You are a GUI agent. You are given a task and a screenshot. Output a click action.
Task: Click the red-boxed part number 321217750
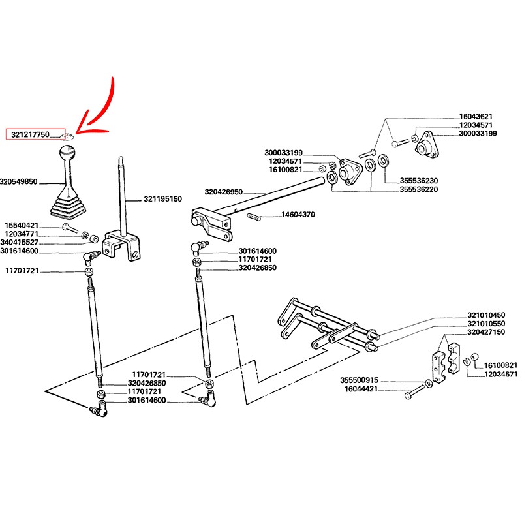30,134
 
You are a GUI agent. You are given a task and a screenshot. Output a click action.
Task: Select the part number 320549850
19,182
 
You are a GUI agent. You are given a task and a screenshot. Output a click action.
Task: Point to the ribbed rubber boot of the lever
69,206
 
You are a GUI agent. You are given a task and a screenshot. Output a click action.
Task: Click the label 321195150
162,199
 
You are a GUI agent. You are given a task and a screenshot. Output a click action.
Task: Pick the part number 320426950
223,192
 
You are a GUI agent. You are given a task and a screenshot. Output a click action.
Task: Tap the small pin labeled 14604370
254,217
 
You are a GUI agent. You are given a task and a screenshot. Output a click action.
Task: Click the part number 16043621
476,117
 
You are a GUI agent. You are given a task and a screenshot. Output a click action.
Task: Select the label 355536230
419,181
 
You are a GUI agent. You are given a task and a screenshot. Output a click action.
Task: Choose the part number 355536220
419,189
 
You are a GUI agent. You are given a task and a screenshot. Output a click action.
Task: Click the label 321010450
486,315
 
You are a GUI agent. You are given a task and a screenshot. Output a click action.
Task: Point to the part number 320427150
486,332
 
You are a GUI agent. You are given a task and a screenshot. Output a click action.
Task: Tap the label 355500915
360,380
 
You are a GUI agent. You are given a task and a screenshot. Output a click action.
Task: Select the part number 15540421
22,225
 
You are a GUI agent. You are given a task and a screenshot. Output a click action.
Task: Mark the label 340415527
20,242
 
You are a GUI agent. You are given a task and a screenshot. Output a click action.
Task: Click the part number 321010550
486,324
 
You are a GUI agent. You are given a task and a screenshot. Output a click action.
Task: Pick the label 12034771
22,234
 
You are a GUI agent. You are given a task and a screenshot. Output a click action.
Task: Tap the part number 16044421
361,389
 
